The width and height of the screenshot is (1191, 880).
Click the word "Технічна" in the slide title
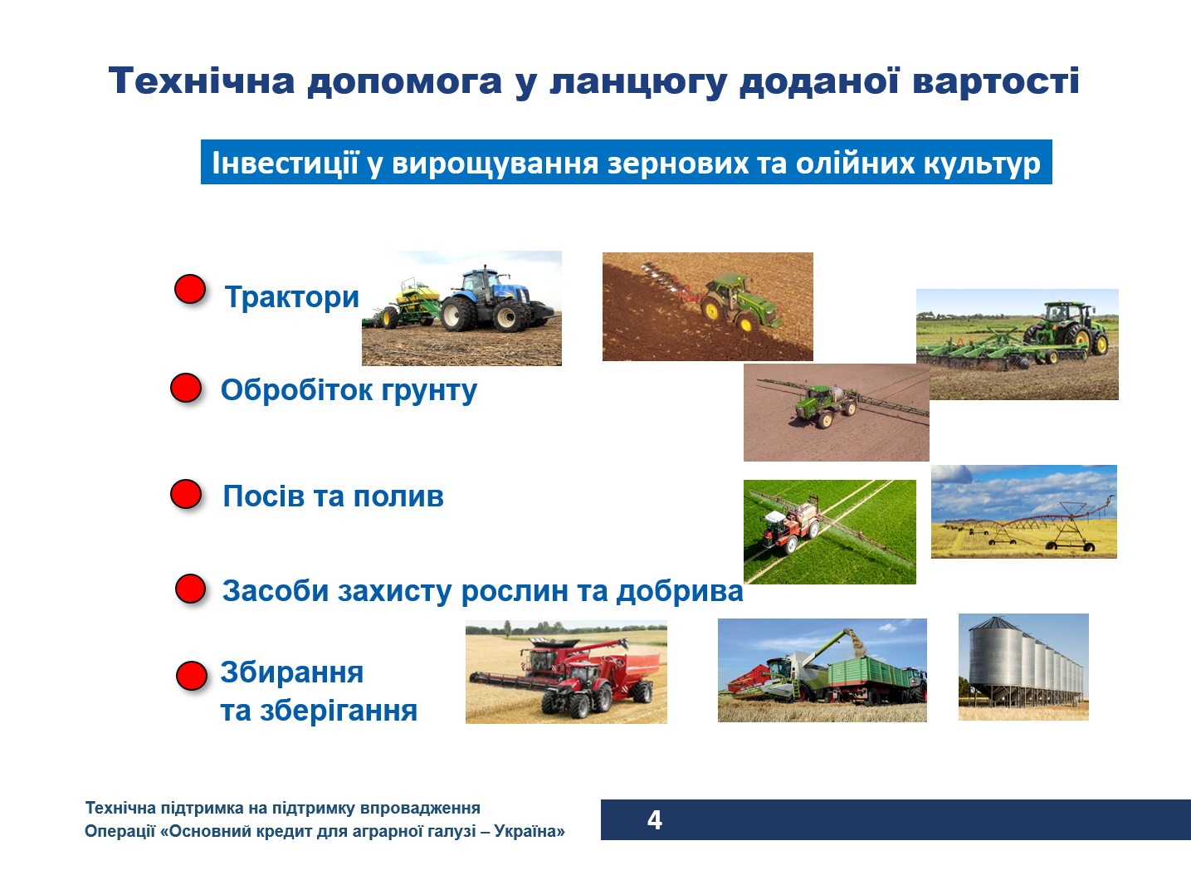point(202,81)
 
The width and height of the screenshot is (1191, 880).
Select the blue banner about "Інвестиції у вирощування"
point(626,163)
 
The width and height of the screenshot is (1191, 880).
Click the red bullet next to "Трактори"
point(190,289)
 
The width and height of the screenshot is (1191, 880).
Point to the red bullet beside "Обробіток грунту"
point(186,388)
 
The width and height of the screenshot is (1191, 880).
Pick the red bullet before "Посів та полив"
point(186,494)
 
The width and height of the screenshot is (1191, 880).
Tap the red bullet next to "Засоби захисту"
point(190,589)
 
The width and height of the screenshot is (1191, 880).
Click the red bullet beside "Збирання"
point(191,676)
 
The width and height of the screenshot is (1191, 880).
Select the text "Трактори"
point(291,297)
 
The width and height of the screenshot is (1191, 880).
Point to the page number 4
point(655,820)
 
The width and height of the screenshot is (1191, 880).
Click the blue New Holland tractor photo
point(461,308)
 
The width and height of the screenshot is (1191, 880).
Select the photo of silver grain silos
point(1023,667)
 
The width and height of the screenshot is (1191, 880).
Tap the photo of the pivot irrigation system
point(1023,511)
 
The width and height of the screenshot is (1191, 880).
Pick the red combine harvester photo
point(566,672)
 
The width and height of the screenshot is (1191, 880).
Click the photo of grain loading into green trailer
point(822,670)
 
